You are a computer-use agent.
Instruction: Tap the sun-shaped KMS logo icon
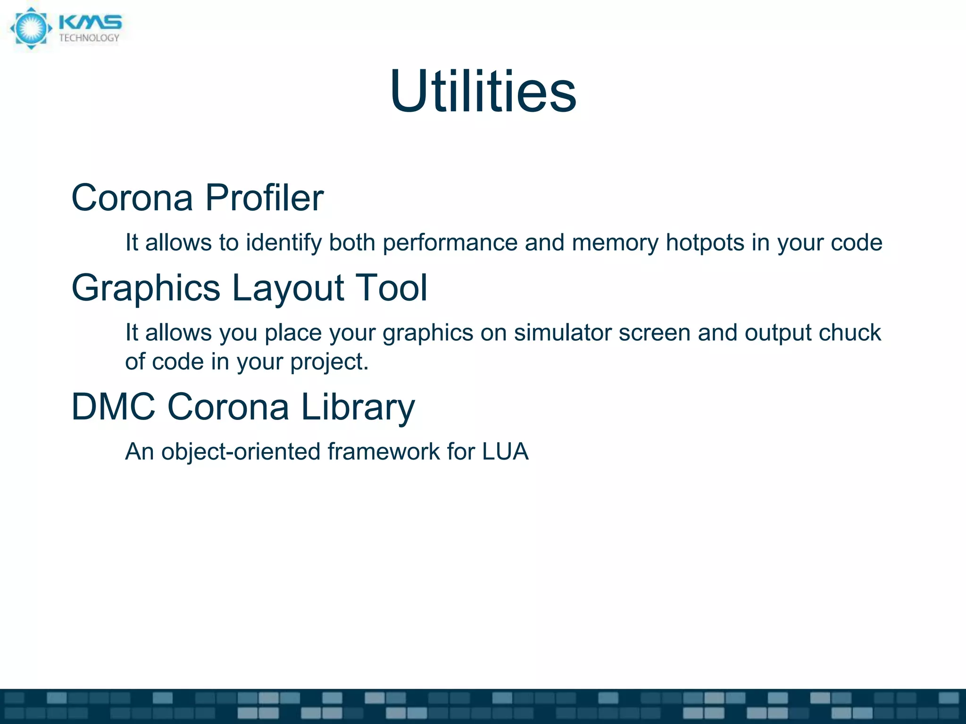(x=31, y=28)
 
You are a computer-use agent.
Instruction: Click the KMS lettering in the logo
(x=90, y=23)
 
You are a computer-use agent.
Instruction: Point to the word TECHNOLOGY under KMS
(x=89, y=38)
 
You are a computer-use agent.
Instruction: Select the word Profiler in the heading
(x=264, y=197)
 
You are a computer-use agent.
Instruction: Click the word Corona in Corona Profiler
(x=132, y=197)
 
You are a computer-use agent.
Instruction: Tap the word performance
(x=450, y=243)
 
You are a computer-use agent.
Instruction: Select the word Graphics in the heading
(x=146, y=288)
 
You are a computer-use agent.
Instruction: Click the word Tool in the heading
(x=391, y=288)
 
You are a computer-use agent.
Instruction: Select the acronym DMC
(x=113, y=406)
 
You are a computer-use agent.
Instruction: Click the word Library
(x=358, y=407)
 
